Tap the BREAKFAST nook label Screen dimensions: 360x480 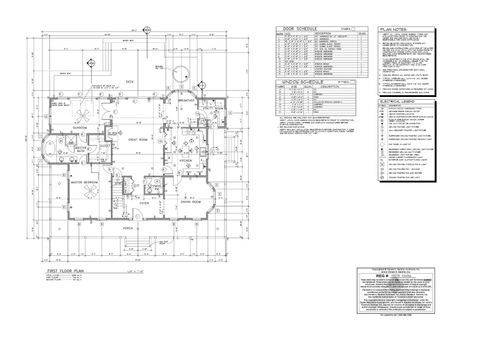(186, 100)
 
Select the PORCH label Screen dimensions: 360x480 (128, 228)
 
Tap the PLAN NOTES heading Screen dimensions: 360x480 (394, 29)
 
